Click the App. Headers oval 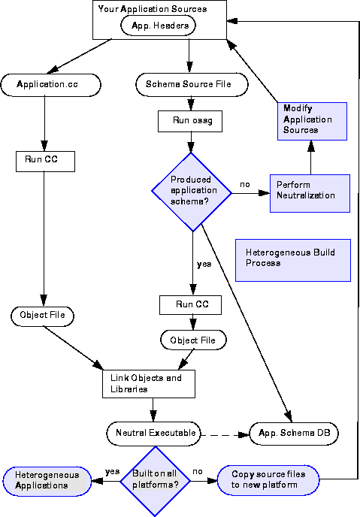tap(159, 26)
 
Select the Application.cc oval tap(51, 85)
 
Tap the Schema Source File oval tap(192, 84)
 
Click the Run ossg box tap(190, 121)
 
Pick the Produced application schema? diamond tap(192, 192)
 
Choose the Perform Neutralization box tap(310, 193)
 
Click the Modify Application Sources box tap(312, 121)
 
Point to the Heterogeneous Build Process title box tap(293, 260)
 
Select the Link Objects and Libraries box tap(149, 384)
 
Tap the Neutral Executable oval tap(153, 434)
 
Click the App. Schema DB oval tap(294, 434)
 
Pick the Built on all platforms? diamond tap(155, 481)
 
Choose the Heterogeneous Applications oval tap(47, 481)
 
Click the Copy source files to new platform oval tap(268, 480)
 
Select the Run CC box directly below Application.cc tap(46, 162)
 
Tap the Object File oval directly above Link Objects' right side tap(193, 340)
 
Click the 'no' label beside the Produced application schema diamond tap(244, 184)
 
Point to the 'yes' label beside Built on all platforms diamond tap(112, 471)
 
